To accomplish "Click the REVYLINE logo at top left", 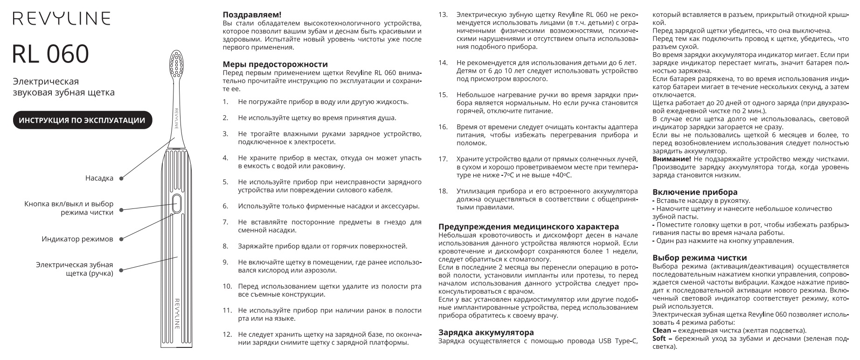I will coord(62,19).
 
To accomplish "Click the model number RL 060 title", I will coord(50,54).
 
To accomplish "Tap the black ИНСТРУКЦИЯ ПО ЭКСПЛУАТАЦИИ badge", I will coord(82,120).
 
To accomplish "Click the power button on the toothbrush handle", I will coord(177,203).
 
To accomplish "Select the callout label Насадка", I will coord(99,178).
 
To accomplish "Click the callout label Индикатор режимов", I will coord(77,239).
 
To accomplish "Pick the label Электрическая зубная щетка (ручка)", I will coord(75,269).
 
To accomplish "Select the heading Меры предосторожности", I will coord(275,64).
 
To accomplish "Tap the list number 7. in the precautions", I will coord(225,222).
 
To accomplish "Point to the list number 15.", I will coord(443,95).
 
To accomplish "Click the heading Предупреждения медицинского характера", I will coord(528,226).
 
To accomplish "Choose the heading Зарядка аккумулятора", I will coord(486,332).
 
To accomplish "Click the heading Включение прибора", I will coord(695,192).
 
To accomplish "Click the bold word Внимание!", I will coord(672,159).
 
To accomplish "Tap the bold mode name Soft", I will coord(659,338).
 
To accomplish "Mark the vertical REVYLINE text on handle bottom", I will coord(177,313).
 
